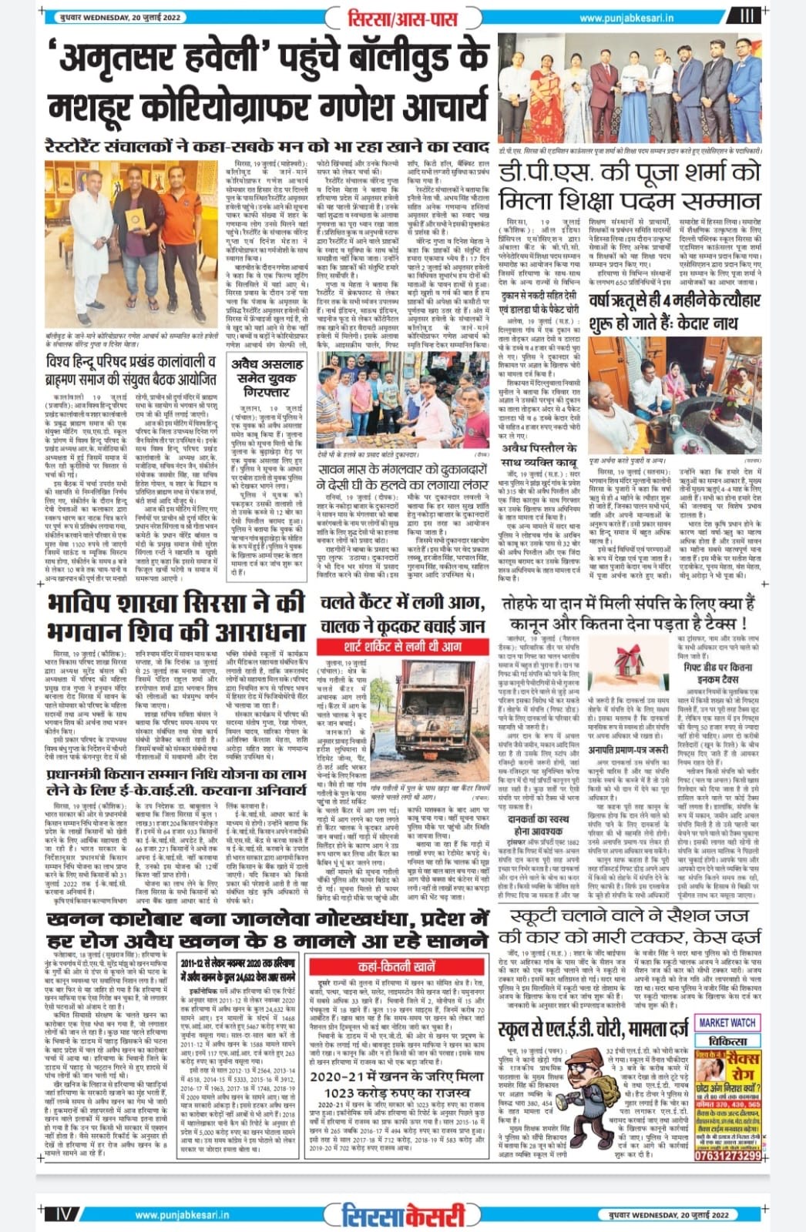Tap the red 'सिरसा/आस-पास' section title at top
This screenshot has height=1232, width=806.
[x=403, y=17]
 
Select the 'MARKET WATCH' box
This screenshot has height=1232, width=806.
[x=727, y=1023]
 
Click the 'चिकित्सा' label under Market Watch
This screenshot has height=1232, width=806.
[x=727, y=1039]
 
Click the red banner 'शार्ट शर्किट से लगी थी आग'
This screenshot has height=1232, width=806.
[x=403, y=645]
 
